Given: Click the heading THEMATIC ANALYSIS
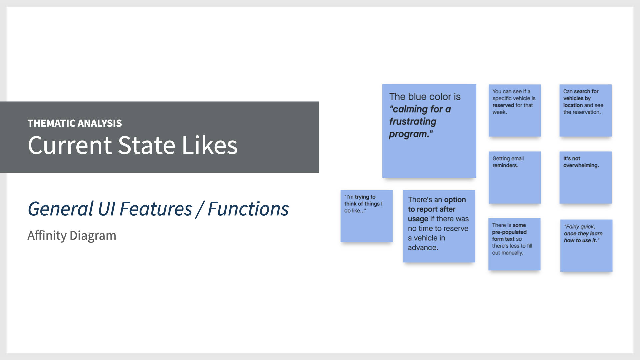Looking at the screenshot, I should coord(75,123).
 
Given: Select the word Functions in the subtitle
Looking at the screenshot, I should coord(248,209).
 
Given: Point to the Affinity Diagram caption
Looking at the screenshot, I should coord(72,236).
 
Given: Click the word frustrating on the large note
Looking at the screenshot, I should coord(413,122).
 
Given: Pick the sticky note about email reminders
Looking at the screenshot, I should coord(515,177).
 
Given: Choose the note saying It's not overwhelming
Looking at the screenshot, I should coord(585,177).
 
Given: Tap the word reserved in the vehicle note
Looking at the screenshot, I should coord(503,105).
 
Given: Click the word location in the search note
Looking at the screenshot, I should coord(573,105).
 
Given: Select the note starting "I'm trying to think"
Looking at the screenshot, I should coord(366,216).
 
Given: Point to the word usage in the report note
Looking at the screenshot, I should coord(418,219).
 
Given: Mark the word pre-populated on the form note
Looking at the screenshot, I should coord(509,232).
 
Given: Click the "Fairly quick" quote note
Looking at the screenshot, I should coord(586,246).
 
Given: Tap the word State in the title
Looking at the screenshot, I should coord(146,145).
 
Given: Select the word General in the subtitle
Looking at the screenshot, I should coord(60,209).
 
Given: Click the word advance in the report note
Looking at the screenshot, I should coord(422,248).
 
